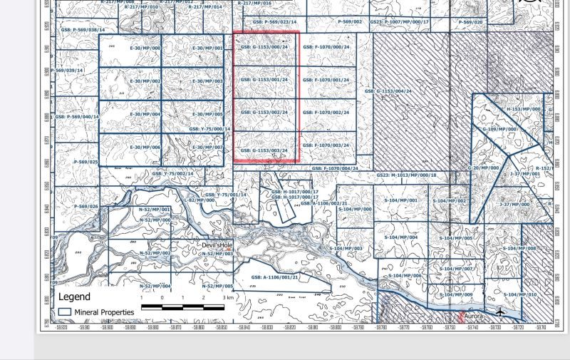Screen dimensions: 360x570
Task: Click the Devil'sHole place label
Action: (x=217, y=245)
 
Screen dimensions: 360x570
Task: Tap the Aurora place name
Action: (x=475, y=315)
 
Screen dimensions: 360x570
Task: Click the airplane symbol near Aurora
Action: (x=500, y=312)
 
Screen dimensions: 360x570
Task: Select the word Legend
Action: (x=74, y=297)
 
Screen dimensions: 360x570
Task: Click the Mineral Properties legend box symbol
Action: (x=65, y=312)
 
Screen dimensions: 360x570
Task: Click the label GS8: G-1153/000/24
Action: (x=264, y=47)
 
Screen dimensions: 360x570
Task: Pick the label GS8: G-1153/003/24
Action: (x=264, y=150)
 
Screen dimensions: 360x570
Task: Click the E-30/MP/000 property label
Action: (x=145, y=48)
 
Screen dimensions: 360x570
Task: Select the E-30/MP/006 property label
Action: (x=145, y=147)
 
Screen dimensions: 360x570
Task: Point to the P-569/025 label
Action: (x=85, y=162)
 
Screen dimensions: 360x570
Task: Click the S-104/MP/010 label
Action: (x=519, y=294)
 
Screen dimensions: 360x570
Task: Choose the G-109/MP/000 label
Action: (x=499, y=129)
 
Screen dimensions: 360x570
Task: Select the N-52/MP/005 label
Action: (x=218, y=286)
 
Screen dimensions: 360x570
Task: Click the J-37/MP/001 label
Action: (x=525, y=173)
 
